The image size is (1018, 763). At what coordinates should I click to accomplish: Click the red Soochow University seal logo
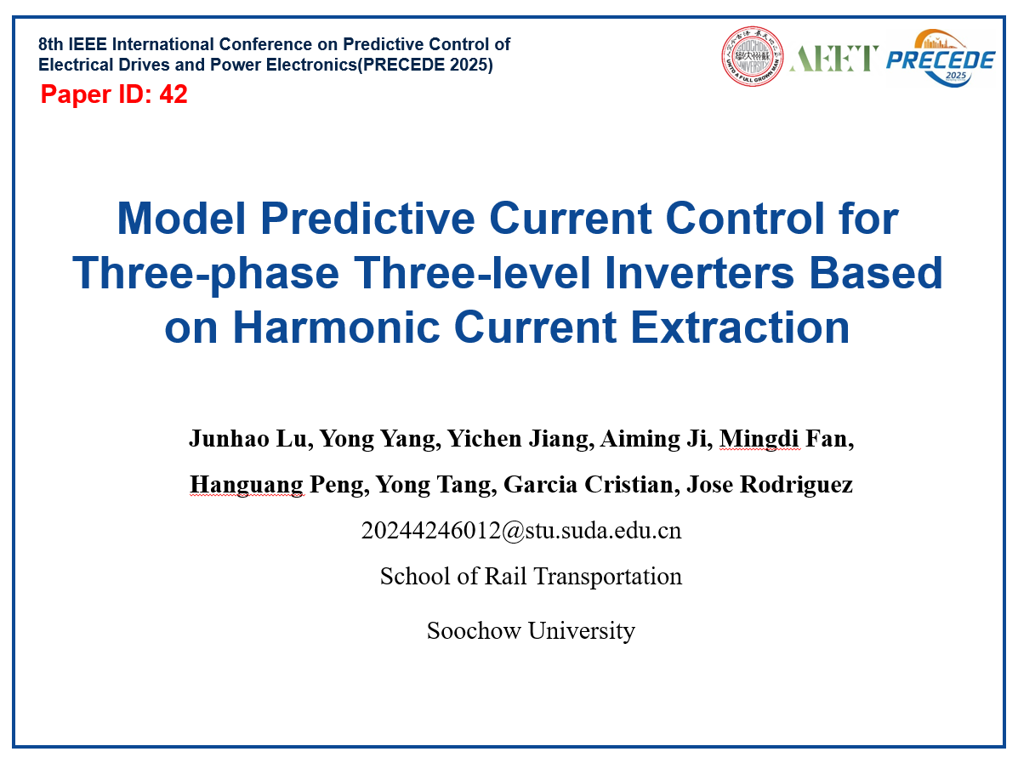click(752, 56)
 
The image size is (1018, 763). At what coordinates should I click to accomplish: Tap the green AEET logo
click(833, 58)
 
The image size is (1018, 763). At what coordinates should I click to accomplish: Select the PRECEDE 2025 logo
click(941, 58)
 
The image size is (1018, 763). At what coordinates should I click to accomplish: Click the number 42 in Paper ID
click(173, 94)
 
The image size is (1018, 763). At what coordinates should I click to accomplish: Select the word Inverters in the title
click(699, 272)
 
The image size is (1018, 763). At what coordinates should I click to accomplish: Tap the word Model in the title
click(181, 218)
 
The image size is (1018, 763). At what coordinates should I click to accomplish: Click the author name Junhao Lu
click(247, 439)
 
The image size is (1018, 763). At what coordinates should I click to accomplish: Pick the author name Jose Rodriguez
click(770, 484)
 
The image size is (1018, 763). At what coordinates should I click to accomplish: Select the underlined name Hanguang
click(246, 485)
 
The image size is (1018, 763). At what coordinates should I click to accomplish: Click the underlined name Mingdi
click(759, 440)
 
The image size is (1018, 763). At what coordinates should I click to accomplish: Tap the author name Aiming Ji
click(653, 439)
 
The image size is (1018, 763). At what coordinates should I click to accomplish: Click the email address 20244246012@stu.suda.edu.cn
click(521, 531)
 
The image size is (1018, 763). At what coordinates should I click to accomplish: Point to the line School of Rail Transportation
click(531, 576)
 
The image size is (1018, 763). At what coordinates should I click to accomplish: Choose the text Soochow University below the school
click(531, 630)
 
